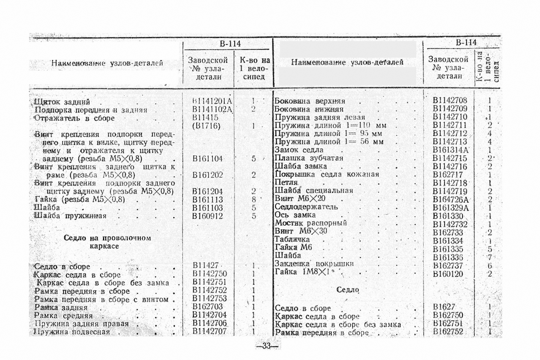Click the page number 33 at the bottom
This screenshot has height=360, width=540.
tap(266, 346)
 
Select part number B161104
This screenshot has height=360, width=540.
tap(207, 159)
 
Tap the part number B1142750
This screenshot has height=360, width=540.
tap(210, 274)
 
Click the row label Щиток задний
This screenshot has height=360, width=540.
tap(62, 102)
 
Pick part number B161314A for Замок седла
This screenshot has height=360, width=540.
tap(450, 150)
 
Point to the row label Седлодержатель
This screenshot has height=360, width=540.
tap(306, 207)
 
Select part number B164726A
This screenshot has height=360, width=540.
tap(450, 200)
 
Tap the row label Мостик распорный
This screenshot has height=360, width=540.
tap(310, 223)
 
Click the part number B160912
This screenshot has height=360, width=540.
tap(207, 216)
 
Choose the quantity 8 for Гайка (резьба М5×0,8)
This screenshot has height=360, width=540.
tap(254, 200)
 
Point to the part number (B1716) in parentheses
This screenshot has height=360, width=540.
tap(206, 126)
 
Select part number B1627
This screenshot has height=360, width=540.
tap(444, 307)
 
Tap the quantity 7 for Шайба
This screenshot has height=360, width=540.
tap(490, 257)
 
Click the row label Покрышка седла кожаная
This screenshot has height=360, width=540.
tap(326, 174)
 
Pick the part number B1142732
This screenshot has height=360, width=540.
tap(450, 224)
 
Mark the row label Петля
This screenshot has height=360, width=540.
tap(286, 182)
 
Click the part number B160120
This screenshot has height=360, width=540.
tap(448, 274)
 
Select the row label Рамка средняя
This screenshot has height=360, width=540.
tap(64, 316)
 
